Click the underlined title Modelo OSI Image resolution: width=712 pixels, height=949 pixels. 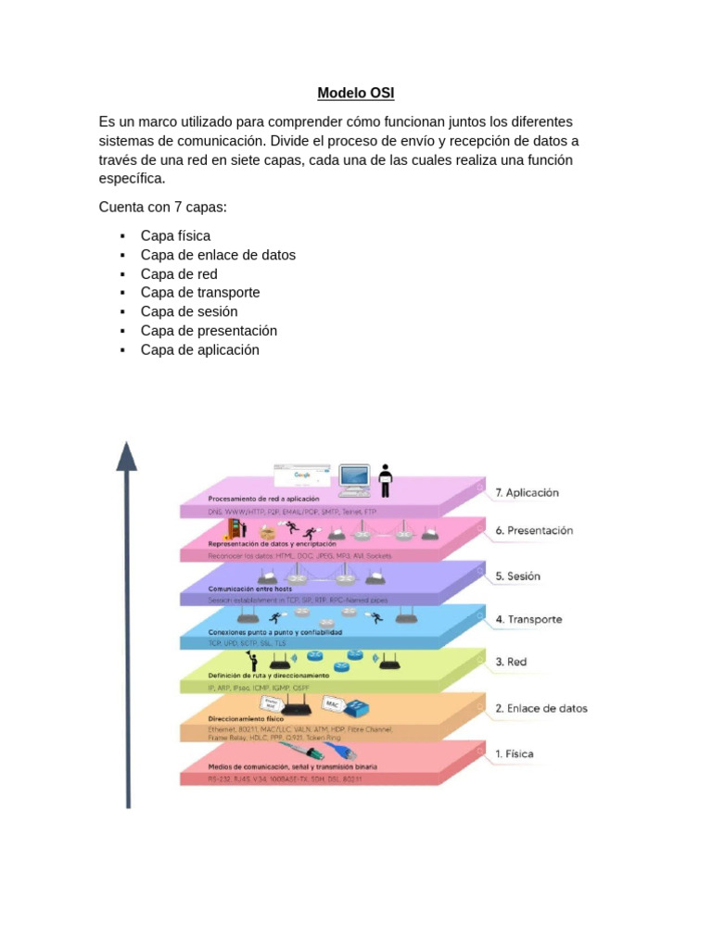(356, 93)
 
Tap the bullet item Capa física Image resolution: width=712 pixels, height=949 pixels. (175, 235)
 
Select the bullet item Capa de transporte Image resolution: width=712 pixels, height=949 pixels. (200, 292)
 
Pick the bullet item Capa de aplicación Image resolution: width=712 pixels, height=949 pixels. (200, 349)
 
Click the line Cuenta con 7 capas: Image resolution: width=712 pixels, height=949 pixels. (162, 207)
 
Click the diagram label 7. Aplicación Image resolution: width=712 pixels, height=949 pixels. (527, 493)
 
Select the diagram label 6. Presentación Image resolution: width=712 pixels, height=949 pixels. (534, 531)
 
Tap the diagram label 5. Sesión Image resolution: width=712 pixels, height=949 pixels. (517, 576)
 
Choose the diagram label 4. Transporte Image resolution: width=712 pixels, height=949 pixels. (528, 619)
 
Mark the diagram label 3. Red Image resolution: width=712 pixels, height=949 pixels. (512, 662)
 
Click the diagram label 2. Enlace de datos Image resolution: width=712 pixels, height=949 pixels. (540, 709)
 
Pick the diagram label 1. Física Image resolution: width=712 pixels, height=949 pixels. (515, 753)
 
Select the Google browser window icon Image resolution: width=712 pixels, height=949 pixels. (302, 475)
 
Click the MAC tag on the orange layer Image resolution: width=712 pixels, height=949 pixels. (334, 705)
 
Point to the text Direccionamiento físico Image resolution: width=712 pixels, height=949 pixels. (247, 718)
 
